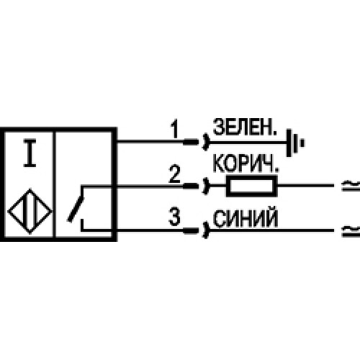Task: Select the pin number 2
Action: pos(174,174)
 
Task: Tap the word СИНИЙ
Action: pos(238,216)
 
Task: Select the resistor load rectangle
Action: pos(250,186)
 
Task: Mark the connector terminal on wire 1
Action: pos(196,142)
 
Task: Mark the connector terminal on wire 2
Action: pos(196,186)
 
